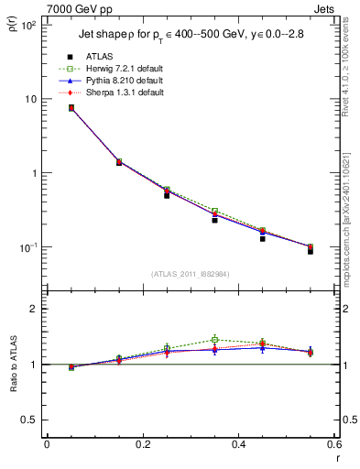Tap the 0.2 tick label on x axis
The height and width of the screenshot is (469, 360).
tap(142, 444)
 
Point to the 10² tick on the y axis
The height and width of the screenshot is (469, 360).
tap(27, 26)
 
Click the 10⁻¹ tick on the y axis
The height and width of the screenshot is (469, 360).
tap(27, 248)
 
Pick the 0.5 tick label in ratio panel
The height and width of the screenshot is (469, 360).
tap(29, 420)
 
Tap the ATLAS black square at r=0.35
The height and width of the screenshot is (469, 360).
tap(214, 220)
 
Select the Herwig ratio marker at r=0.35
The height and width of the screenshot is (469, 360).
tap(214, 340)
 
